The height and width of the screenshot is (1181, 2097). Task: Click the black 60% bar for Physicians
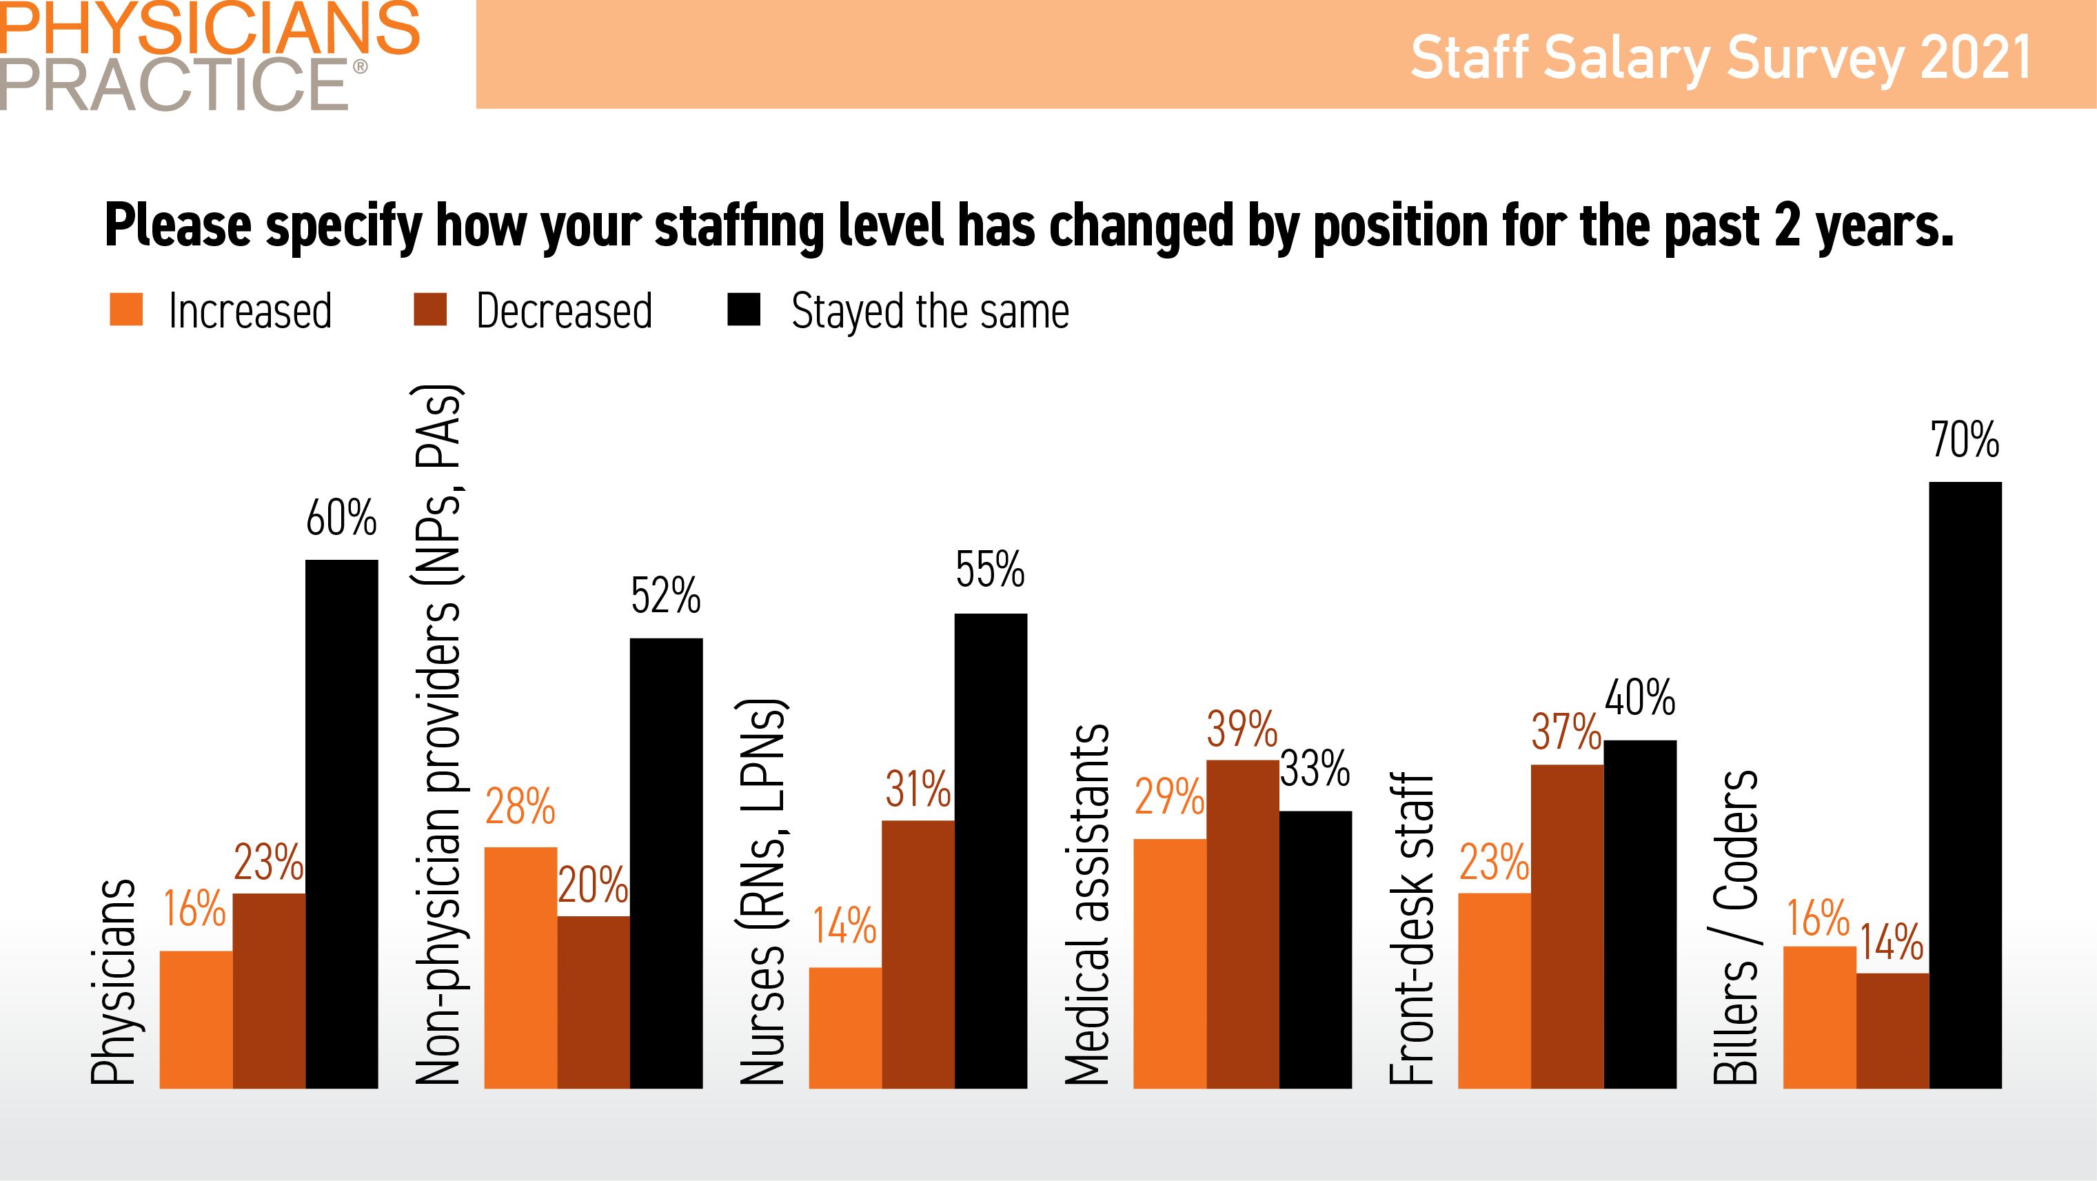pos(342,824)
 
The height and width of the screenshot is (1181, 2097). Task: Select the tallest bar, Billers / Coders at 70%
pos(1965,785)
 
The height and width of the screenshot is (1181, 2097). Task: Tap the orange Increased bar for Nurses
pos(845,1027)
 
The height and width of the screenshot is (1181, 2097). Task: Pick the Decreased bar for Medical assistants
pos(1242,924)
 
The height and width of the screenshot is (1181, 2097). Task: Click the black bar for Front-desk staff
pos(1641,914)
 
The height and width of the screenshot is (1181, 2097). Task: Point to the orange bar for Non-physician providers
pos(520,967)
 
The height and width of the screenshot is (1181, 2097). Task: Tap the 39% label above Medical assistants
pos(1242,729)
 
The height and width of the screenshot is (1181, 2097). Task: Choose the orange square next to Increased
pos(126,310)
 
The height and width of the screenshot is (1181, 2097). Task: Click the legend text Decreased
pos(564,311)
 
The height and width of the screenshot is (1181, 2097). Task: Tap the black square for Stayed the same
pos(743,310)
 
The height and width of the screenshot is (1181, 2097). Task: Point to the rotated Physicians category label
pos(112,982)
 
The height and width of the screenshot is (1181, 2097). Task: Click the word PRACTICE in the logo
pos(175,84)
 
